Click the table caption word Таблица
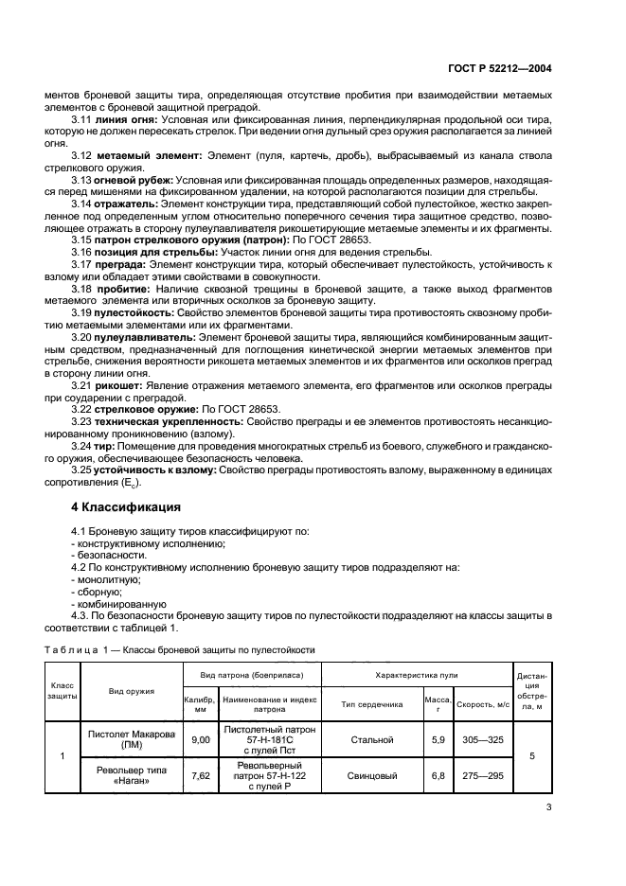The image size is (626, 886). point(72,649)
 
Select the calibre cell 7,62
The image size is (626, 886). point(200,774)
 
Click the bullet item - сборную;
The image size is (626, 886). point(97,592)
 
